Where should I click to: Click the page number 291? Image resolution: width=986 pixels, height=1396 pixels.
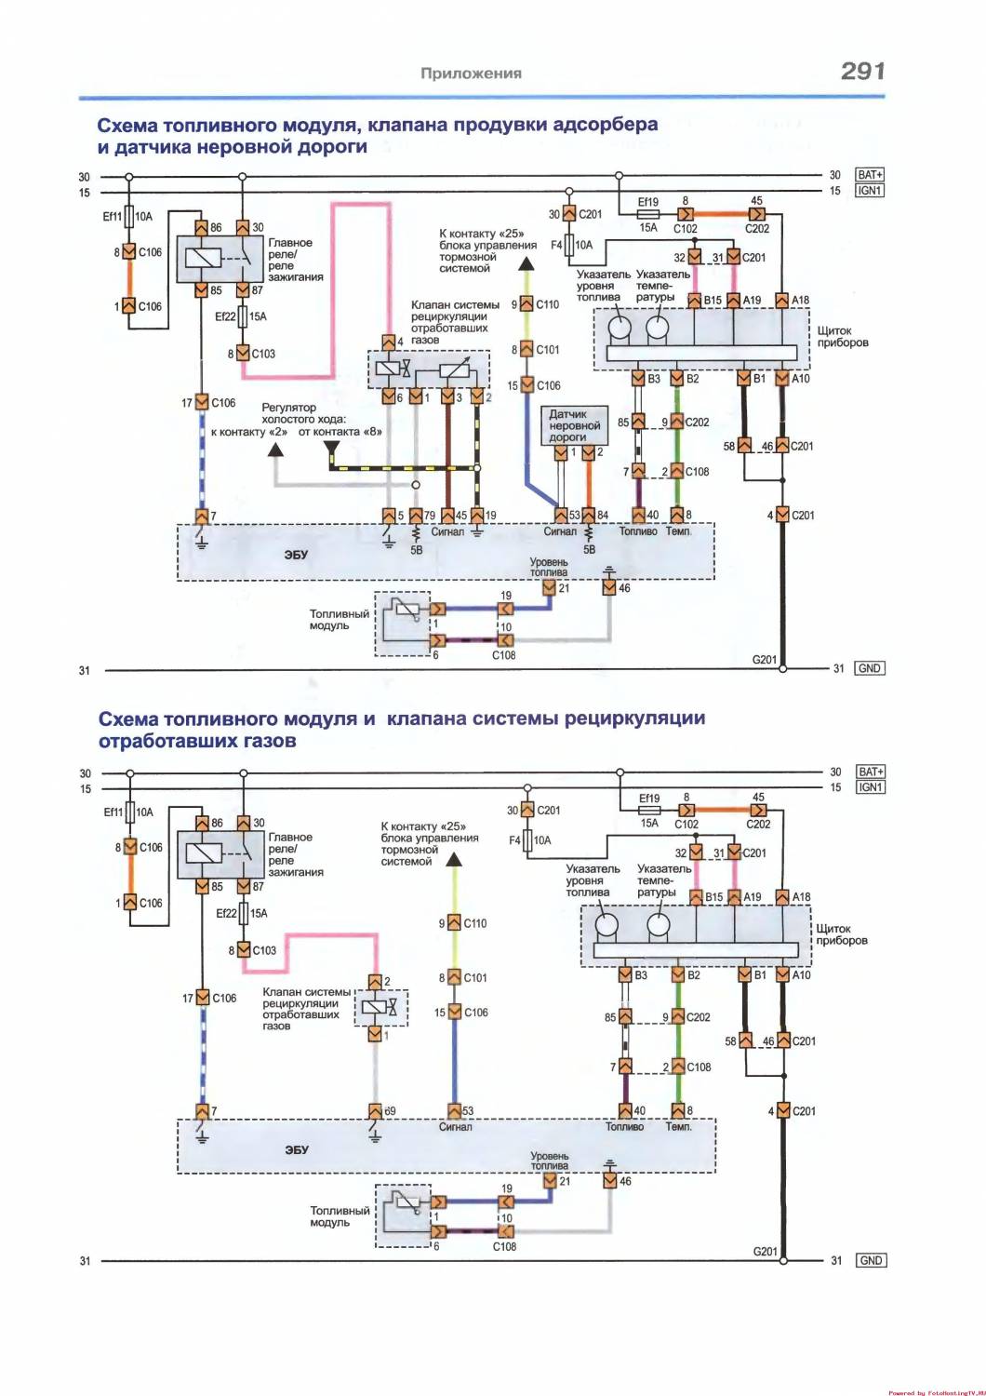point(862,71)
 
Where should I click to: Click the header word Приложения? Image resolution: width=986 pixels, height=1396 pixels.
point(471,74)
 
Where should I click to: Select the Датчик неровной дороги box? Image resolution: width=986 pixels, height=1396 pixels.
point(575,425)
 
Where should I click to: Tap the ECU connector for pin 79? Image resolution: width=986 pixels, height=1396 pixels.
point(416,516)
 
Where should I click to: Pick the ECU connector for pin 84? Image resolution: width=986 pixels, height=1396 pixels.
point(589,516)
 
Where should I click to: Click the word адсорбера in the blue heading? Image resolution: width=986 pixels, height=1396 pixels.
point(605,125)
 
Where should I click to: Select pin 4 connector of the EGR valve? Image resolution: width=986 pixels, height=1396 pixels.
point(389,342)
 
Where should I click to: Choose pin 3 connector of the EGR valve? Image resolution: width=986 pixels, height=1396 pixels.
point(447,396)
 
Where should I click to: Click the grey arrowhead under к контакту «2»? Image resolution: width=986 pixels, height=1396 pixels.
point(275,450)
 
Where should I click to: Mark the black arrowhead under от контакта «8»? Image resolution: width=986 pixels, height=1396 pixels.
point(331,448)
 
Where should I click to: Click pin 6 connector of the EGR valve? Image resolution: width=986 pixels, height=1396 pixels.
point(389,396)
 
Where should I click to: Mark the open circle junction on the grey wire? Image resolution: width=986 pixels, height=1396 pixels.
point(416,485)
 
